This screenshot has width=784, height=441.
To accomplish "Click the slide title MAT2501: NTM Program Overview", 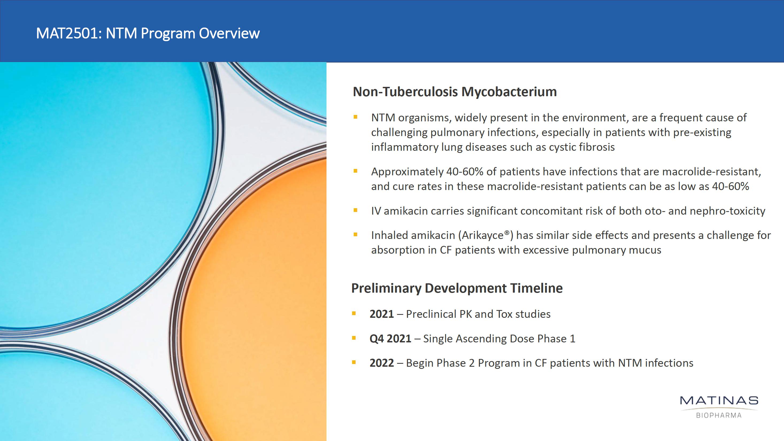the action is point(148,33).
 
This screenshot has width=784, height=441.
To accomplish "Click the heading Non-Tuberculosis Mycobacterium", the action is point(455,92).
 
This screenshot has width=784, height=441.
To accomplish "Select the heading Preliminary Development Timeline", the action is point(457,288).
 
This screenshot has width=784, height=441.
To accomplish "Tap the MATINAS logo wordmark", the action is point(719,400).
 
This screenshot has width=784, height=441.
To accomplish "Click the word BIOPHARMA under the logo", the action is point(719,415).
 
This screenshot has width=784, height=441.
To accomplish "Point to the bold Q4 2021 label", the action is point(390,339).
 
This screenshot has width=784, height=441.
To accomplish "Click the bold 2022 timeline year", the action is point(382,363).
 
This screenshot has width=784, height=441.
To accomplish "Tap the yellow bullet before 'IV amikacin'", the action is point(355,210).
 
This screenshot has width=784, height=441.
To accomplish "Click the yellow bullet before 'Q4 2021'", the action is point(354,338).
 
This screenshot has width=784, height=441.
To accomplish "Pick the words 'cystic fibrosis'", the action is point(582,147).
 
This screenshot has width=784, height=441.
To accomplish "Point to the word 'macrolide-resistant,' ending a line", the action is point(712,172).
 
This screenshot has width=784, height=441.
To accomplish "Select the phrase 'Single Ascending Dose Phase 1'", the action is point(499,339).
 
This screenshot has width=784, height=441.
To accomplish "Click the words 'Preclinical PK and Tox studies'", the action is point(478,314).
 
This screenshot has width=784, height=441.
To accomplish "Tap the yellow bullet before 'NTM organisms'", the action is point(355,117).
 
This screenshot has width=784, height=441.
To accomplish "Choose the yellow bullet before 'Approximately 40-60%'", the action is point(355,171).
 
